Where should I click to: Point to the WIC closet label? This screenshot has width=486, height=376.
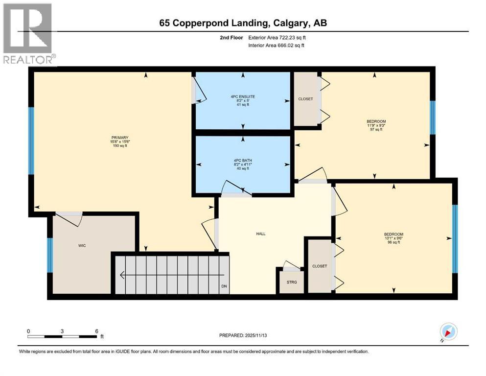pos(82,245)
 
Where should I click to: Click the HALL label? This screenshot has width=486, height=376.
pos(261,234)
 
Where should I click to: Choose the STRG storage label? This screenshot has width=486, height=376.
pos(292,282)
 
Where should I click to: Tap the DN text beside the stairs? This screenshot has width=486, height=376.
pos(224,286)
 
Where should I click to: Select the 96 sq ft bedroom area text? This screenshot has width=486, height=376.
pos(393,242)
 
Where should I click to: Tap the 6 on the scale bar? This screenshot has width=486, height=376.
pos(97,331)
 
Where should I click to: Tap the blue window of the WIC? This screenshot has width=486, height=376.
pos(50,255)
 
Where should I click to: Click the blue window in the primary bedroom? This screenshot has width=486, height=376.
pos(31,141)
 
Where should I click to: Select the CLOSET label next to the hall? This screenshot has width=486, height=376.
pos(319,266)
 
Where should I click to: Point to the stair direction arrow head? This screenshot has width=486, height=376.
pos(122,276)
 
